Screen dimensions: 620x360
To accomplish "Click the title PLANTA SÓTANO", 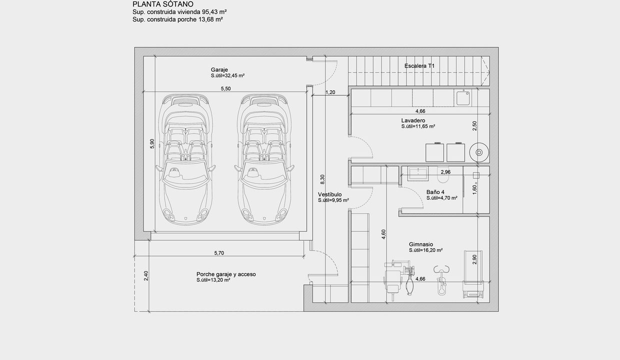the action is [163, 4].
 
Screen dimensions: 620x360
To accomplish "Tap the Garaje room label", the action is [219, 69].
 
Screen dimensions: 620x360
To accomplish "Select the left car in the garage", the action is [186, 159].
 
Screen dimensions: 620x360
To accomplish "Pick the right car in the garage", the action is [264, 159].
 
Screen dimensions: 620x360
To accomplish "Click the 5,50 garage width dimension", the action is [225, 88].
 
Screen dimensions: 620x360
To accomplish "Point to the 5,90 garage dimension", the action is [152, 144].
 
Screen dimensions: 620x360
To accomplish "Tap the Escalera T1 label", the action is [419, 66].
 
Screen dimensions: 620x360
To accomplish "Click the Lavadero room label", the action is [413, 120].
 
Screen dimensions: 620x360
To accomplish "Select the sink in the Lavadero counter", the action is [463, 98].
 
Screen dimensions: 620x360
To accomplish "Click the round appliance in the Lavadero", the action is [479, 152].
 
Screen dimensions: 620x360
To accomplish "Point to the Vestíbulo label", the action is [329, 194].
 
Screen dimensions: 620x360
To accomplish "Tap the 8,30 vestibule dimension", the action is [322, 179].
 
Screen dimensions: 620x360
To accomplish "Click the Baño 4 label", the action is [435, 192].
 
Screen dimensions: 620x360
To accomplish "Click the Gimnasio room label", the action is [421, 244].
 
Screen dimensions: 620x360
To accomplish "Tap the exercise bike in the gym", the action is [441, 280].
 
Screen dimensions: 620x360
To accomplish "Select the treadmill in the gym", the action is [473, 274].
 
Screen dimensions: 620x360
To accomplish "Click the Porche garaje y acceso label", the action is [226, 274].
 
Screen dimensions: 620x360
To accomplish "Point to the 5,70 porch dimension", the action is [219, 253].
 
